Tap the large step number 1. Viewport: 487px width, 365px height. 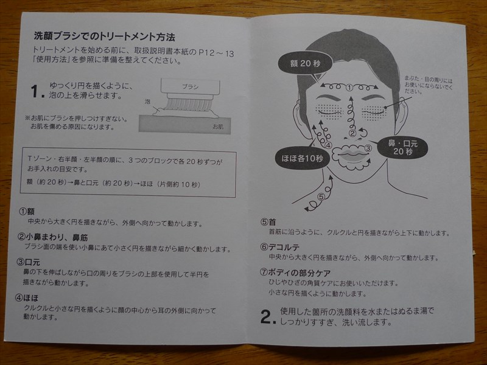pos(37,92)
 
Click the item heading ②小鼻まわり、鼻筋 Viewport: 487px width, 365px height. pos(54,237)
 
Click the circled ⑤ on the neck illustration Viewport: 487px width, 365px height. pos(321,197)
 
